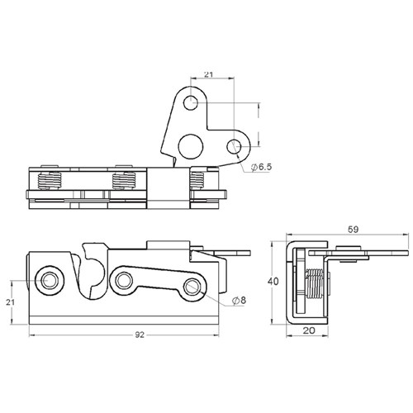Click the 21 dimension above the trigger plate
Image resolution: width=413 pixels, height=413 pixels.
point(209,74)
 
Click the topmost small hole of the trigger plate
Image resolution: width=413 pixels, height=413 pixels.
point(192,103)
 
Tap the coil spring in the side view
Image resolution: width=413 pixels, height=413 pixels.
point(315,283)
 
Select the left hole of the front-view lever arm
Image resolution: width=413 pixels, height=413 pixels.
point(125,279)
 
